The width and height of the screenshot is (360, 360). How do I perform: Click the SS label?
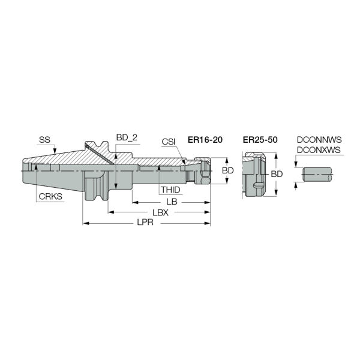tap(44, 140)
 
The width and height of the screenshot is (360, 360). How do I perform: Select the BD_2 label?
tap(127, 138)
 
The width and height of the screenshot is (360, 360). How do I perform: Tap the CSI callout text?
tap(168, 142)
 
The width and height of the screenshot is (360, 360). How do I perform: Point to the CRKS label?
tap(50, 197)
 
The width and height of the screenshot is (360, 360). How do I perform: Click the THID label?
tap(170, 190)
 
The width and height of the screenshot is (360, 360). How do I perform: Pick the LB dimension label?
tap(172, 202)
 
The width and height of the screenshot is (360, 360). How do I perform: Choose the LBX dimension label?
tap(160, 213)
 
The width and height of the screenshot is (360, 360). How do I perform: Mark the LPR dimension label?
tap(145, 222)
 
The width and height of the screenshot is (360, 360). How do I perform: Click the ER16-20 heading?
tap(205, 140)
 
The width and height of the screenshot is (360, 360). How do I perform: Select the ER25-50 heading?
tap(260, 140)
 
